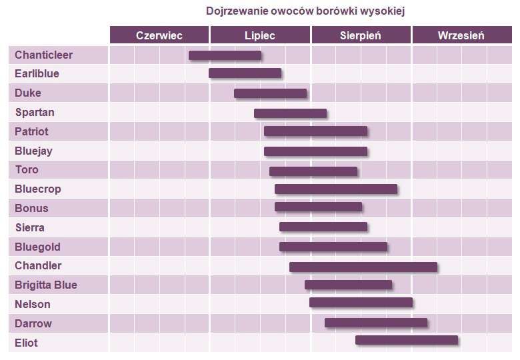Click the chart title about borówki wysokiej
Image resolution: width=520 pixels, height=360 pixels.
305,11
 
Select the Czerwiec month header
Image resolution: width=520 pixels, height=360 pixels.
159,35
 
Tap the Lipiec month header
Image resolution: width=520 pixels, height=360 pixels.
260,35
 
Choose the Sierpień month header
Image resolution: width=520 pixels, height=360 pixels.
361,35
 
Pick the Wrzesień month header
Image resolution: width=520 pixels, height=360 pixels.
461,35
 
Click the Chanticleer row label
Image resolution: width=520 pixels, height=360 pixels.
44,55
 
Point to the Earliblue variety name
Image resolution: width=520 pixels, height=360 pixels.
37,73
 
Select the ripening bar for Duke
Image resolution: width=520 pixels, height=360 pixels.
270,93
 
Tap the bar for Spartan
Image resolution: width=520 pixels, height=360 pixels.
290,113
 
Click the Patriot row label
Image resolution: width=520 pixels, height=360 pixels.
32,131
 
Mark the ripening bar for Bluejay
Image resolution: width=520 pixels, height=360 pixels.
315,151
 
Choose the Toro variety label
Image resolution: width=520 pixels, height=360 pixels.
27,169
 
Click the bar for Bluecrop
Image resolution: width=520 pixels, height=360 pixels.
336,189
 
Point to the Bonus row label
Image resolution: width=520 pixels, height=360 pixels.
32,208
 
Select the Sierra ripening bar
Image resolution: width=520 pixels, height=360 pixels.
323,227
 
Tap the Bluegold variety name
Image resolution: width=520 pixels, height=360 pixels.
38,247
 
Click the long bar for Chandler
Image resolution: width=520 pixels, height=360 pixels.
363,267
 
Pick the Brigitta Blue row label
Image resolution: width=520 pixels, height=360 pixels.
46,285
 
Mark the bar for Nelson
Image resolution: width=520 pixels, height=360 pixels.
361,303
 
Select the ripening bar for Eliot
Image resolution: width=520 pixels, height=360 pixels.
407,340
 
